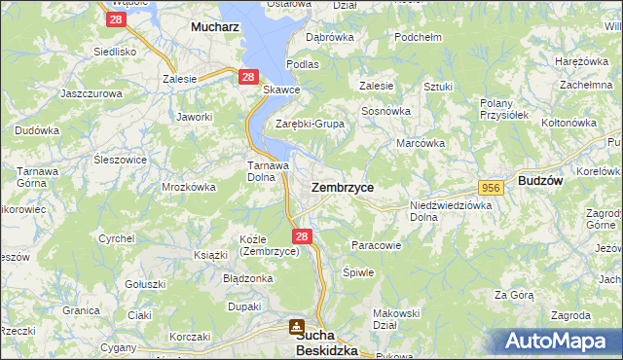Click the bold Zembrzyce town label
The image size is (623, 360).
(342, 186)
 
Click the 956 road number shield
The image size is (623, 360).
(490, 186)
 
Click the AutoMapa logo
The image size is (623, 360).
(560, 342)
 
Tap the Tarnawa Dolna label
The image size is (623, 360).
(265, 171)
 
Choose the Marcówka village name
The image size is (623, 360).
(421, 143)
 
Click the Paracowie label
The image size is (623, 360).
(376, 245)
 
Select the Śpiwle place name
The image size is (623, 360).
(358, 272)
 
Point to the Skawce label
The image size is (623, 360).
(282, 90)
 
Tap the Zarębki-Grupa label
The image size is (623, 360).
(311, 124)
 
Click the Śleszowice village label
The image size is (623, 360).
(121, 160)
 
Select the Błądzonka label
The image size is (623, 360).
(247, 278)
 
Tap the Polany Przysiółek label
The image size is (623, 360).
(503, 108)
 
